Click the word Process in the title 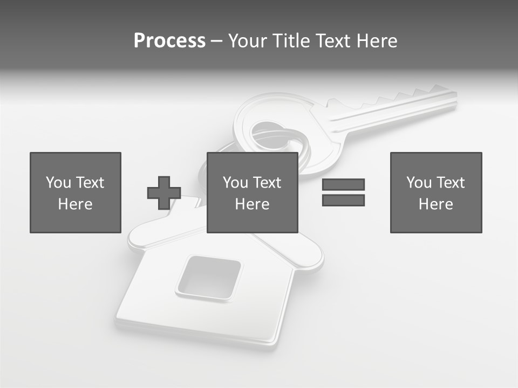pyautogui.click(x=169, y=41)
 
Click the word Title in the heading pyautogui.click(x=291, y=41)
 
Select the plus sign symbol pyautogui.click(x=164, y=193)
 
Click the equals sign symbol pyautogui.click(x=343, y=192)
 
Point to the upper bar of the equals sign pyautogui.click(x=343, y=185)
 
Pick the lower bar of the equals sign pyautogui.click(x=343, y=200)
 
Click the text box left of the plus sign pyautogui.click(x=76, y=192)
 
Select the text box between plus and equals pyautogui.click(x=253, y=192)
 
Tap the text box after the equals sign pyautogui.click(x=436, y=192)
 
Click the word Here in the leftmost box pyautogui.click(x=76, y=204)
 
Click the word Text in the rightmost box pyautogui.click(x=451, y=183)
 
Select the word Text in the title pyautogui.click(x=330, y=41)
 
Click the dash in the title pyautogui.click(x=216, y=41)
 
